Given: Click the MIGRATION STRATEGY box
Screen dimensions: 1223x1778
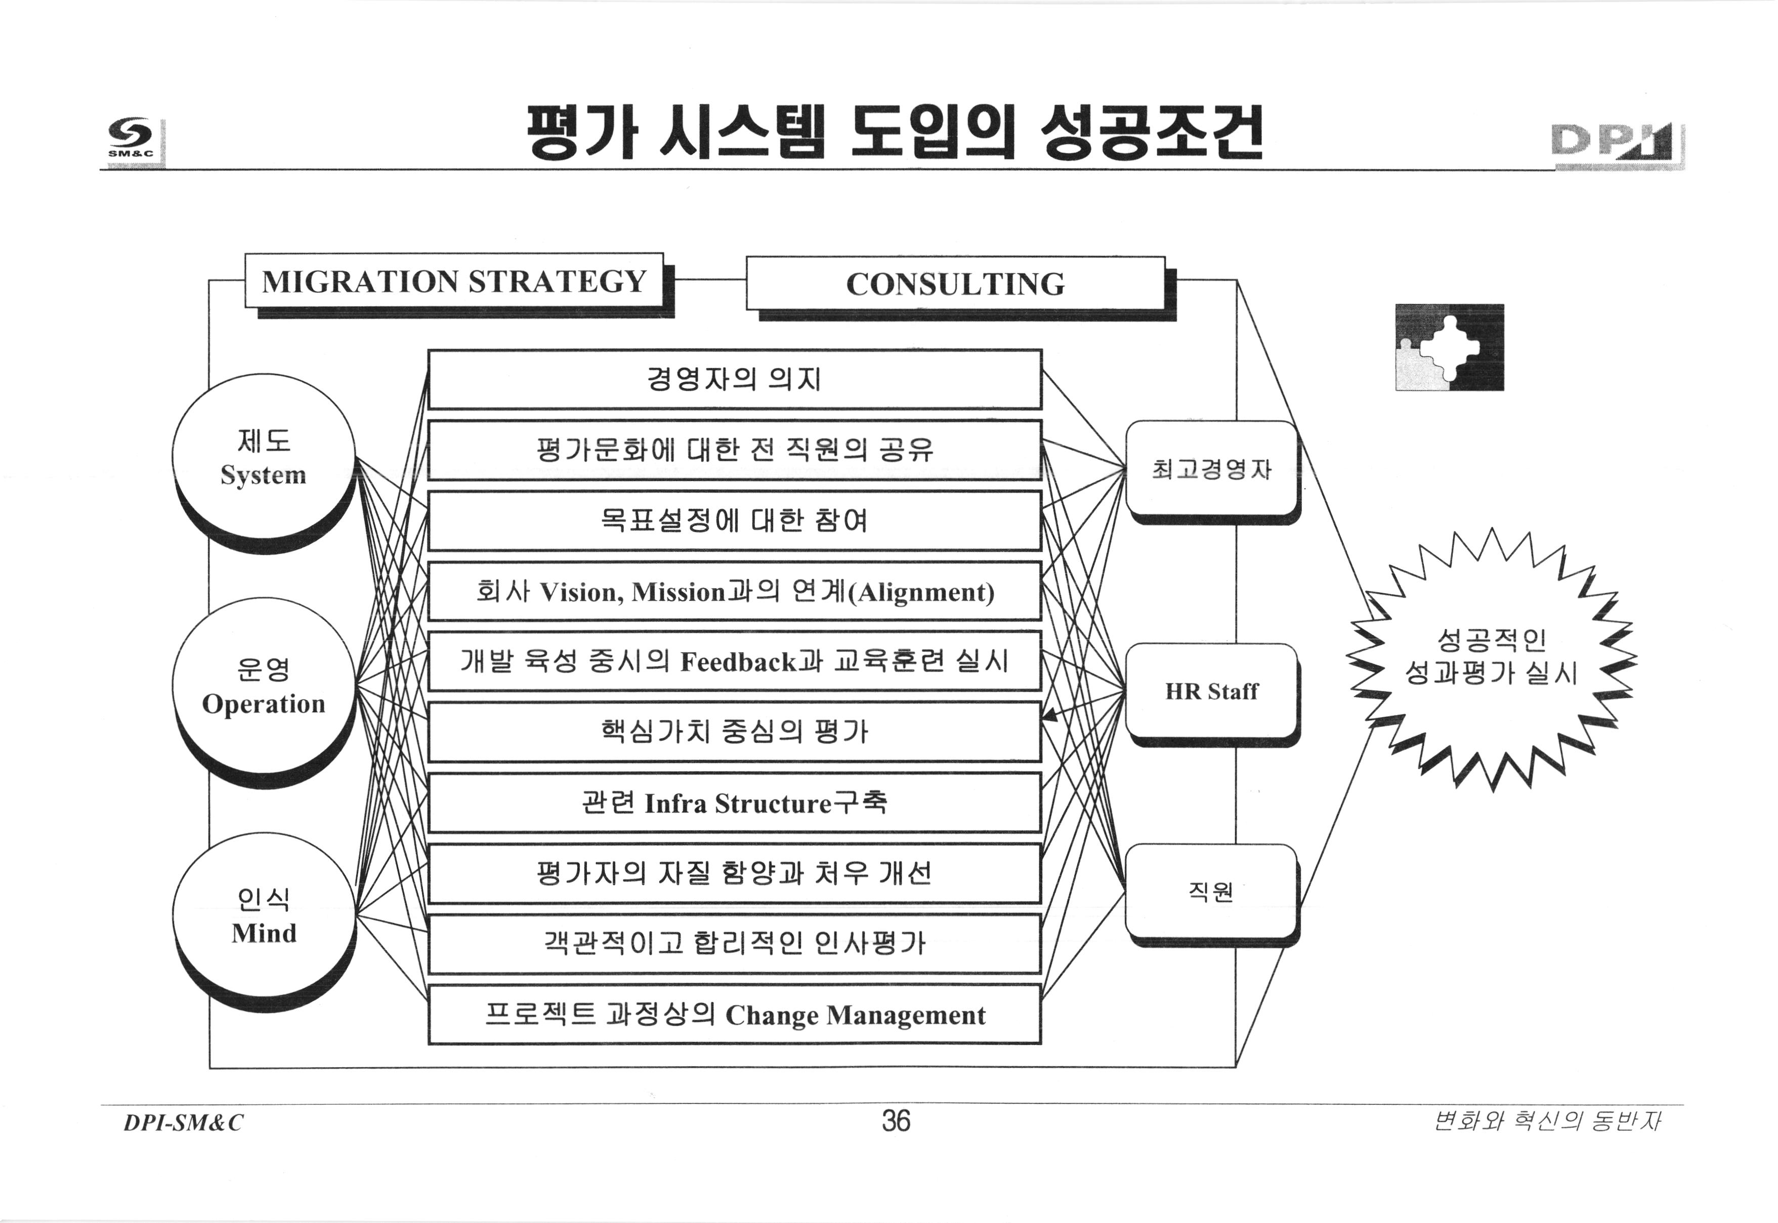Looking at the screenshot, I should click(454, 281).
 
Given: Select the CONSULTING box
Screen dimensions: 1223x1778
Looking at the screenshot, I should click(955, 284).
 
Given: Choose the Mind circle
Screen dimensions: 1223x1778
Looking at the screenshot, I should click(264, 915).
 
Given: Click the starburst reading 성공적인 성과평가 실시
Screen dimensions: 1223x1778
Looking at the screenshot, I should click(1491, 658).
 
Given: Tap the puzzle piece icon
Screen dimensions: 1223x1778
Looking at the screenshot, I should click(1449, 347).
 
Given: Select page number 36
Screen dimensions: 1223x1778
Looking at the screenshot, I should click(895, 1121).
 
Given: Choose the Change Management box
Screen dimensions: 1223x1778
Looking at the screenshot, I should click(734, 1015).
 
